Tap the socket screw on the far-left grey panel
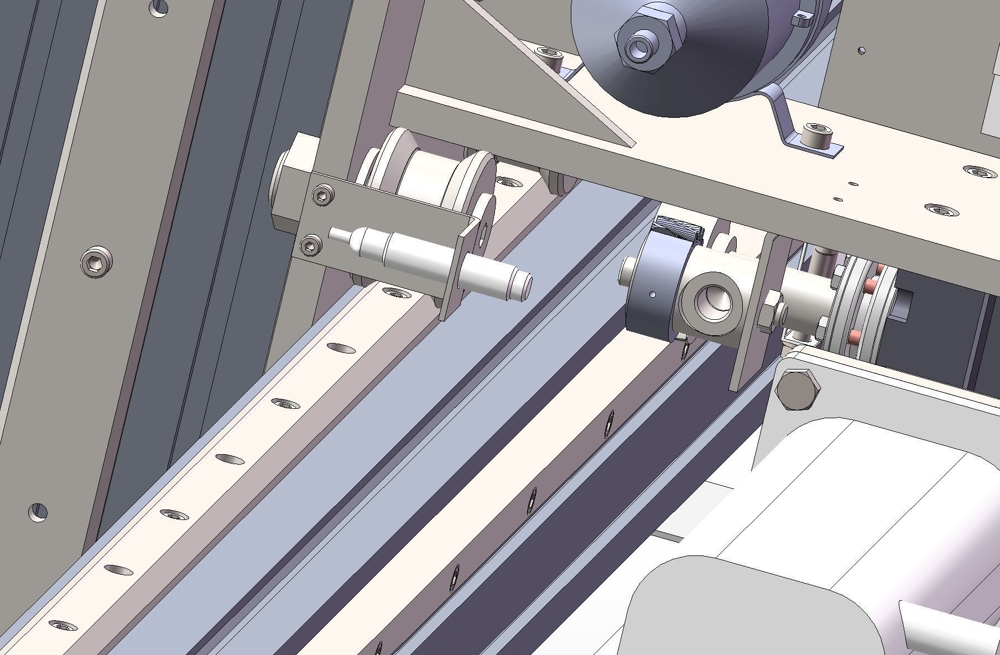[x=96, y=261]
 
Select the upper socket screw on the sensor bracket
[x=323, y=195]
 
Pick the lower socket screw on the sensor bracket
[x=310, y=245]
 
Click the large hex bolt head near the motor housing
[x=797, y=389]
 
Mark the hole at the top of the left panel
[x=159, y=7]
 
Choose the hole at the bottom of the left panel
[x=38, y=511]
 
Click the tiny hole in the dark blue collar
[x=653, y=294]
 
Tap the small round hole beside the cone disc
[x=862, y=50]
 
